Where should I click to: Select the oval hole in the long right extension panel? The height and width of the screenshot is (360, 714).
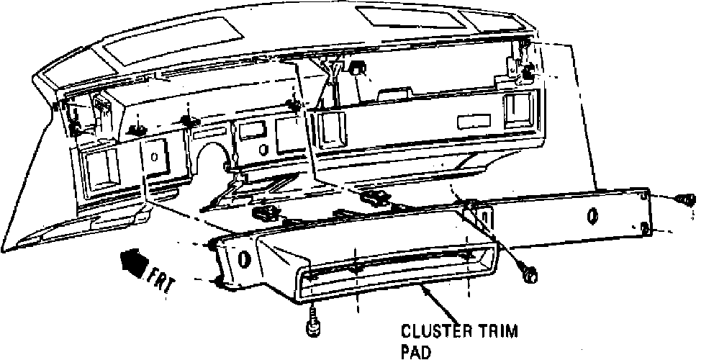tap(592, 214)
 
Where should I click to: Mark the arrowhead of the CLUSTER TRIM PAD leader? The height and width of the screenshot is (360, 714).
tap(422, 288)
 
